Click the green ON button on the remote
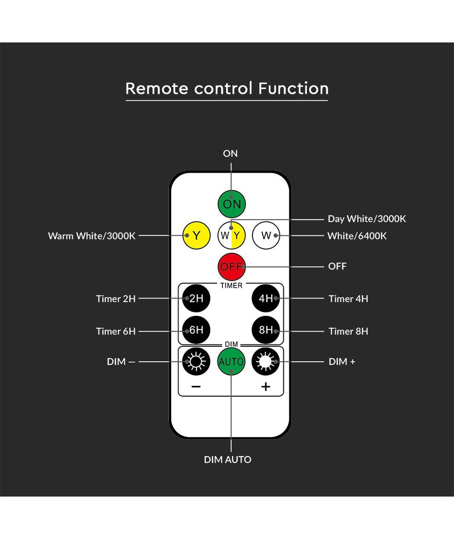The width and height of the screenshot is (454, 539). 231,204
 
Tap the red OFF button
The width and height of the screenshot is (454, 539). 231,267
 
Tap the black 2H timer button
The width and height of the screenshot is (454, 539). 196,298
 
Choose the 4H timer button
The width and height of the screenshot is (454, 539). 266,298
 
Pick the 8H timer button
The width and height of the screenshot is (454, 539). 266,330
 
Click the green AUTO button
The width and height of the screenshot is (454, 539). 231,361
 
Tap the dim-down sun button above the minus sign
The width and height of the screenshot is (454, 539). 196,361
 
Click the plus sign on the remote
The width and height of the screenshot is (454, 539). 266,387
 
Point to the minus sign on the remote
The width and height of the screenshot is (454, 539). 196,387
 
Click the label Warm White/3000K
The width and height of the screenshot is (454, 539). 92,236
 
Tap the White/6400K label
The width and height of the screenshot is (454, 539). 357,236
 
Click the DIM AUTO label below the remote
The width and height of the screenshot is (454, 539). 227,460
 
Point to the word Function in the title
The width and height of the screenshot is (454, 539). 293,88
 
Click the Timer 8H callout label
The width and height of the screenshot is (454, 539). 348,331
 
